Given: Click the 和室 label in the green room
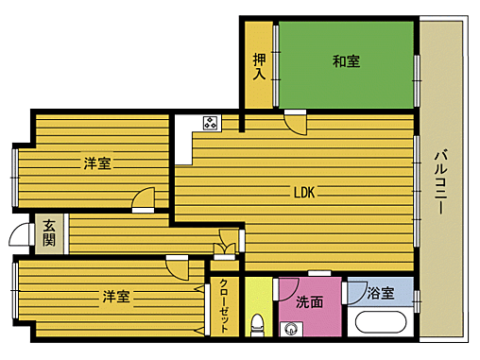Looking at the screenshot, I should (346, 62).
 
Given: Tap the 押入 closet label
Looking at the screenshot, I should (258, 66).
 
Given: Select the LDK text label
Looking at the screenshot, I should (303, 194).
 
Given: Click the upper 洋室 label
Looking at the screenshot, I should (96, 163).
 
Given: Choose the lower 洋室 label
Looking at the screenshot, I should (116, 297).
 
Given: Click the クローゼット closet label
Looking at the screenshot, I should (224, 304).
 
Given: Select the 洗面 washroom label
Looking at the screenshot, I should (310, 303).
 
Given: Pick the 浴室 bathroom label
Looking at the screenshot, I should (381, 294).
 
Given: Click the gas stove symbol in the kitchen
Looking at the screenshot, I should (210, 122).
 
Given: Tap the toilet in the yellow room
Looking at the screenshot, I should (256, 324).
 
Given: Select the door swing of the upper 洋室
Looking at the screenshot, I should (143, 199).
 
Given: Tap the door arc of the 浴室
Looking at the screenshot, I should (355, 291).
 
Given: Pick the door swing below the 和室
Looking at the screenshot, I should (296, 123).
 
